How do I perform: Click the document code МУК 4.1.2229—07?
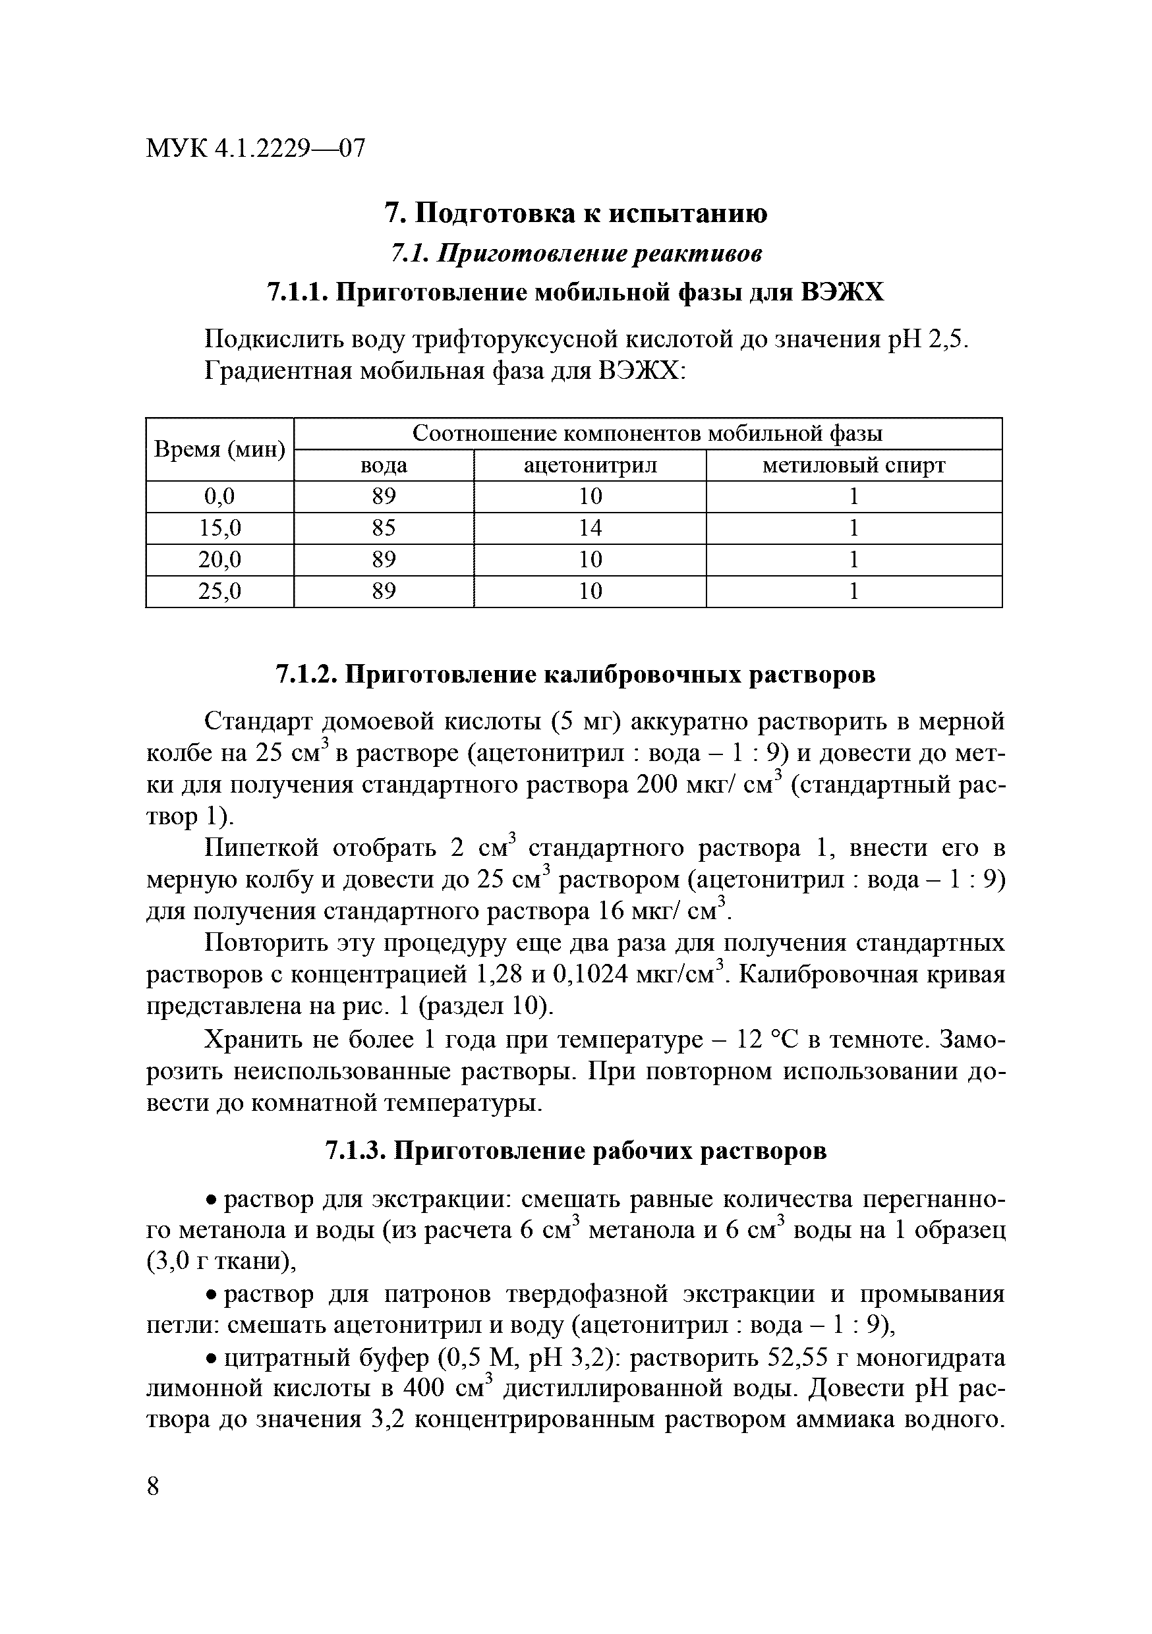click(255, 149)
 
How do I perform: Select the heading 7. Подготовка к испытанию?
click(575, 213)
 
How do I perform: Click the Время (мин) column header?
click(219, 450)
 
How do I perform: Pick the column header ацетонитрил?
click(590, 465)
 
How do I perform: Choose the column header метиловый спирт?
click(853, 465)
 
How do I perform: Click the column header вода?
click(384, 465)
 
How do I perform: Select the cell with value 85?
click(384, 528)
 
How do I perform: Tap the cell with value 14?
click(590, 528)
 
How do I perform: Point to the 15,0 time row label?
click(219, 528)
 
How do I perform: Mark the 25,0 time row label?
click(219, 592)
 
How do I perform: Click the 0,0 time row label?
click(219, 497)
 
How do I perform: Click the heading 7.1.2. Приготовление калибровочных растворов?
click(575, 674)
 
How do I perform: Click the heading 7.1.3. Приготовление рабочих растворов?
click(575, 1151)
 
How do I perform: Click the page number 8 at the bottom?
click(153, 1487)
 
